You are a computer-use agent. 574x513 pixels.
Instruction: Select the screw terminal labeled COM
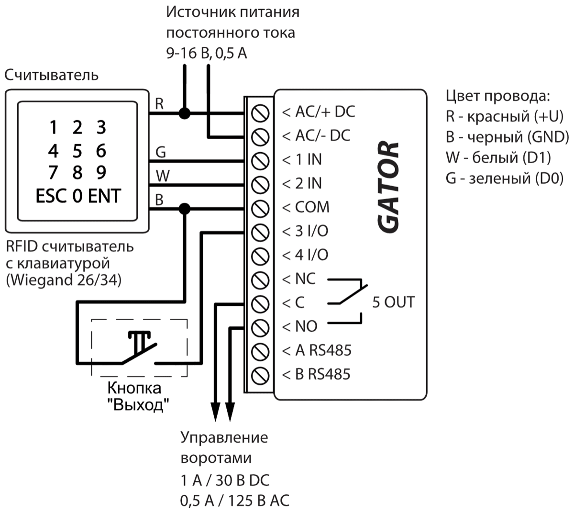(x=260, y=209)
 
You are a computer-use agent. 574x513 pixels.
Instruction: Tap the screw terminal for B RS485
(x=260, y=375)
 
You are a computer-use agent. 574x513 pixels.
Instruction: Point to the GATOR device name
(x=388, y=187)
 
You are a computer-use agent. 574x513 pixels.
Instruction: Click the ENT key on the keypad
(x=104, y=196)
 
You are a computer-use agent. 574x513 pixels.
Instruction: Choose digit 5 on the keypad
(x=77, y=151)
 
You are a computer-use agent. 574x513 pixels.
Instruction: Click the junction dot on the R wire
(x=184, y=114)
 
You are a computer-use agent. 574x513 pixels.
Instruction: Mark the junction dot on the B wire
(x=184, y=209)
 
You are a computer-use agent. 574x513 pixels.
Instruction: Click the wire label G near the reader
(x=161, y=152)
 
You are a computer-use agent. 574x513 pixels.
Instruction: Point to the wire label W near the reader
(x=162, y=176)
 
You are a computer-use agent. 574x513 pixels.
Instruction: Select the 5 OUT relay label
(x=393, y=302)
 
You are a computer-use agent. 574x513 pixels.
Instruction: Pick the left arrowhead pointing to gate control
(x=215, y=412)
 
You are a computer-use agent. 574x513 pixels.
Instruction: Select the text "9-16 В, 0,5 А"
(x=207, y=53)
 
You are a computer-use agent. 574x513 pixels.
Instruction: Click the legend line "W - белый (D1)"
(x=498, y=157)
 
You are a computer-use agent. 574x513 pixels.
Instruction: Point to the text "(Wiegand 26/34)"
(x=64, y=279)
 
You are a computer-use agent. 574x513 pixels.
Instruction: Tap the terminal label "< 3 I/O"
(x=305, y=232)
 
